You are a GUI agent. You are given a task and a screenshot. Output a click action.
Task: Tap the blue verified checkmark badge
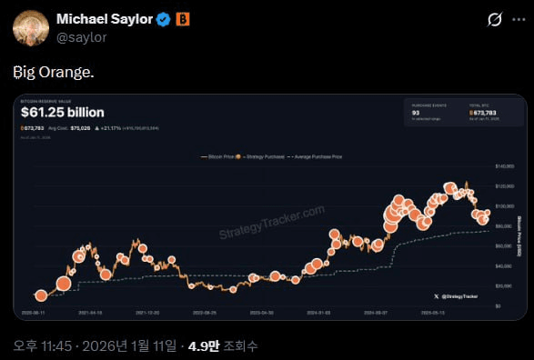[x=163, y=19]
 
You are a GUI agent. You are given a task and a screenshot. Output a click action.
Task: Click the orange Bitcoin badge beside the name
[x=183, y=19]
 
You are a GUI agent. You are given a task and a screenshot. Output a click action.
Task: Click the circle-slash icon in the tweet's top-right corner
[x=496, y=19]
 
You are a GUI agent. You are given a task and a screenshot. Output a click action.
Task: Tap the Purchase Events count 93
[x=415, y=113]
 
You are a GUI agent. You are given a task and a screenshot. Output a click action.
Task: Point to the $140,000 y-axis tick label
[x=504, y=167]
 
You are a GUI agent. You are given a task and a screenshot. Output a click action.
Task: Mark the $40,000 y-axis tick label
[x=504, y=265]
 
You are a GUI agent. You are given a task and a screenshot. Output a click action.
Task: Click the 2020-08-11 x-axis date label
[x=31, y=310]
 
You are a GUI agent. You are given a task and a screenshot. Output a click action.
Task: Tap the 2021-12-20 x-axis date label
[x=147, y=310]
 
